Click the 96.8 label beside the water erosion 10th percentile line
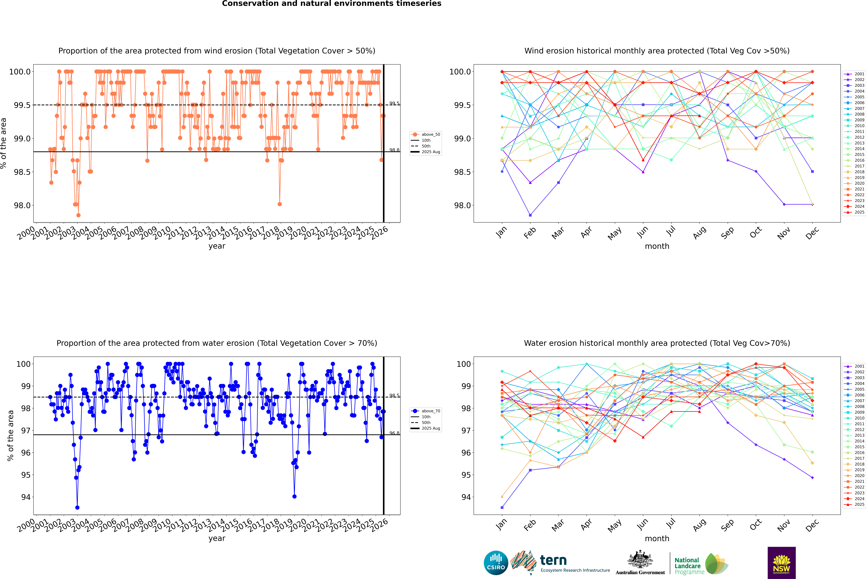coord(394,433)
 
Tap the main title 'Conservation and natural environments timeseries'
coord(331,4)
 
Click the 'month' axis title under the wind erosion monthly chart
coord(657,246)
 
